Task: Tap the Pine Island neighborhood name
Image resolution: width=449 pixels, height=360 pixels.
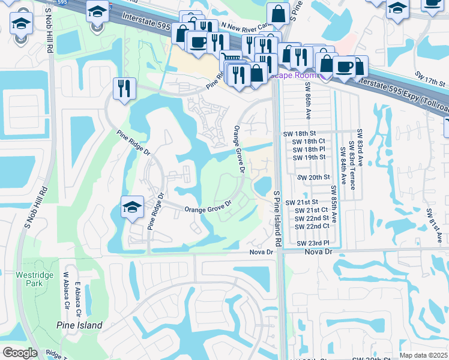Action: pos(80,325)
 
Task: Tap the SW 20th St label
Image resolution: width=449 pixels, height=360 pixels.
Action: pos(315,177)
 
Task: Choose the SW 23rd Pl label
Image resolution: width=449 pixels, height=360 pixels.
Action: pos(314,243)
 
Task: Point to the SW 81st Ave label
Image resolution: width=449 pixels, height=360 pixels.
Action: pos(430,226)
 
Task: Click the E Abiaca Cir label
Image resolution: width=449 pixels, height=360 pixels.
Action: pos(78,293)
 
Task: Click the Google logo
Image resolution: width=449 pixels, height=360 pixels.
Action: pos(20,353)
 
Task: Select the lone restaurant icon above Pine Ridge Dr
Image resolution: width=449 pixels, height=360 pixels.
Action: pos(125,89)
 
